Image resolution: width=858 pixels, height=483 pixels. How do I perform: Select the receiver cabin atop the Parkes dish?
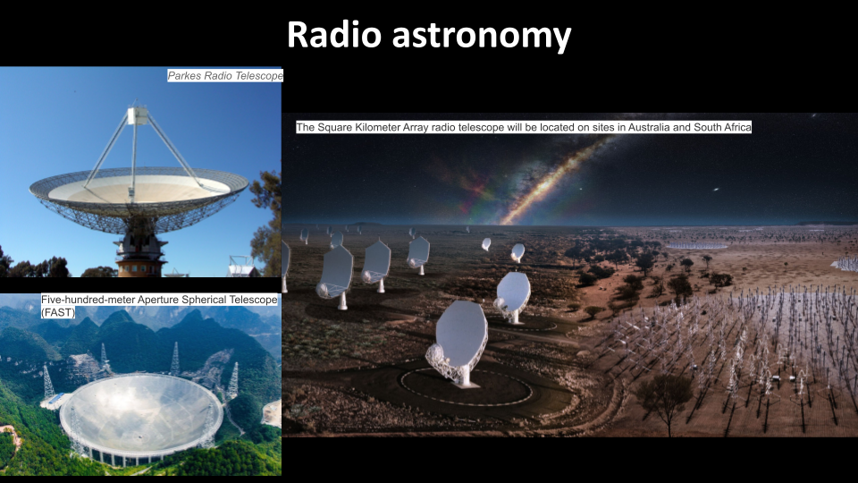137,115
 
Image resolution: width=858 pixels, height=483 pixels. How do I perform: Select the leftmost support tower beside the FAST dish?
47,382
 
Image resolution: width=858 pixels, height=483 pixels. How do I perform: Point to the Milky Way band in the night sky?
554,179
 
